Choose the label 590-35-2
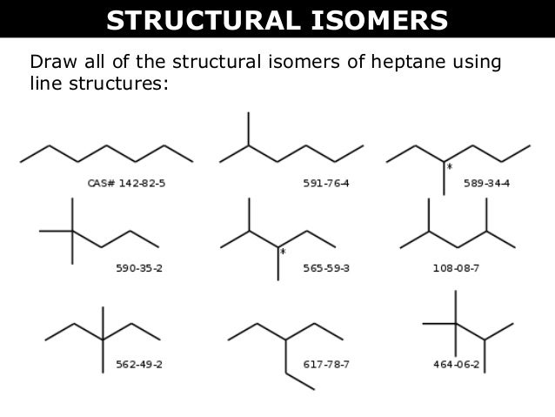(x=139, y=268)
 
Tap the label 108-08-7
(x=457, y=268)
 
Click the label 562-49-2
(x=139, y=363)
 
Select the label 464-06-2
(x=457, y=363)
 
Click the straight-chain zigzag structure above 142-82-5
(x=106, y=151)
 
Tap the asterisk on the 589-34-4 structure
(x=450, y=165)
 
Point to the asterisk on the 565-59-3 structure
(x=283, y=252)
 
